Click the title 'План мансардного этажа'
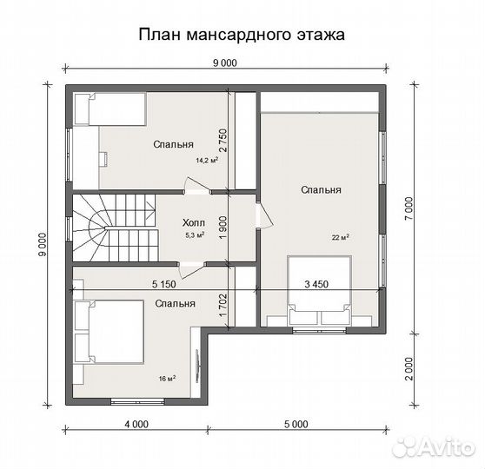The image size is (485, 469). coord(242,36)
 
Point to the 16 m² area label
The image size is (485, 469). coord(167,379)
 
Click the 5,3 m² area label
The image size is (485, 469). coord(195,234)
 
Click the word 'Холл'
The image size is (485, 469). coord(194,221)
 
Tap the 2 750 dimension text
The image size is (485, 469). coord(223,141)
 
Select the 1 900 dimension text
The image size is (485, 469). coord(223,228)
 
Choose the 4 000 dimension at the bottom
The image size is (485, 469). coord(135,425)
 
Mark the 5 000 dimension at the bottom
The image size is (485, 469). coord(295,425)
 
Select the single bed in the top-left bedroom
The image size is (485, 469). coord(108,109)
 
